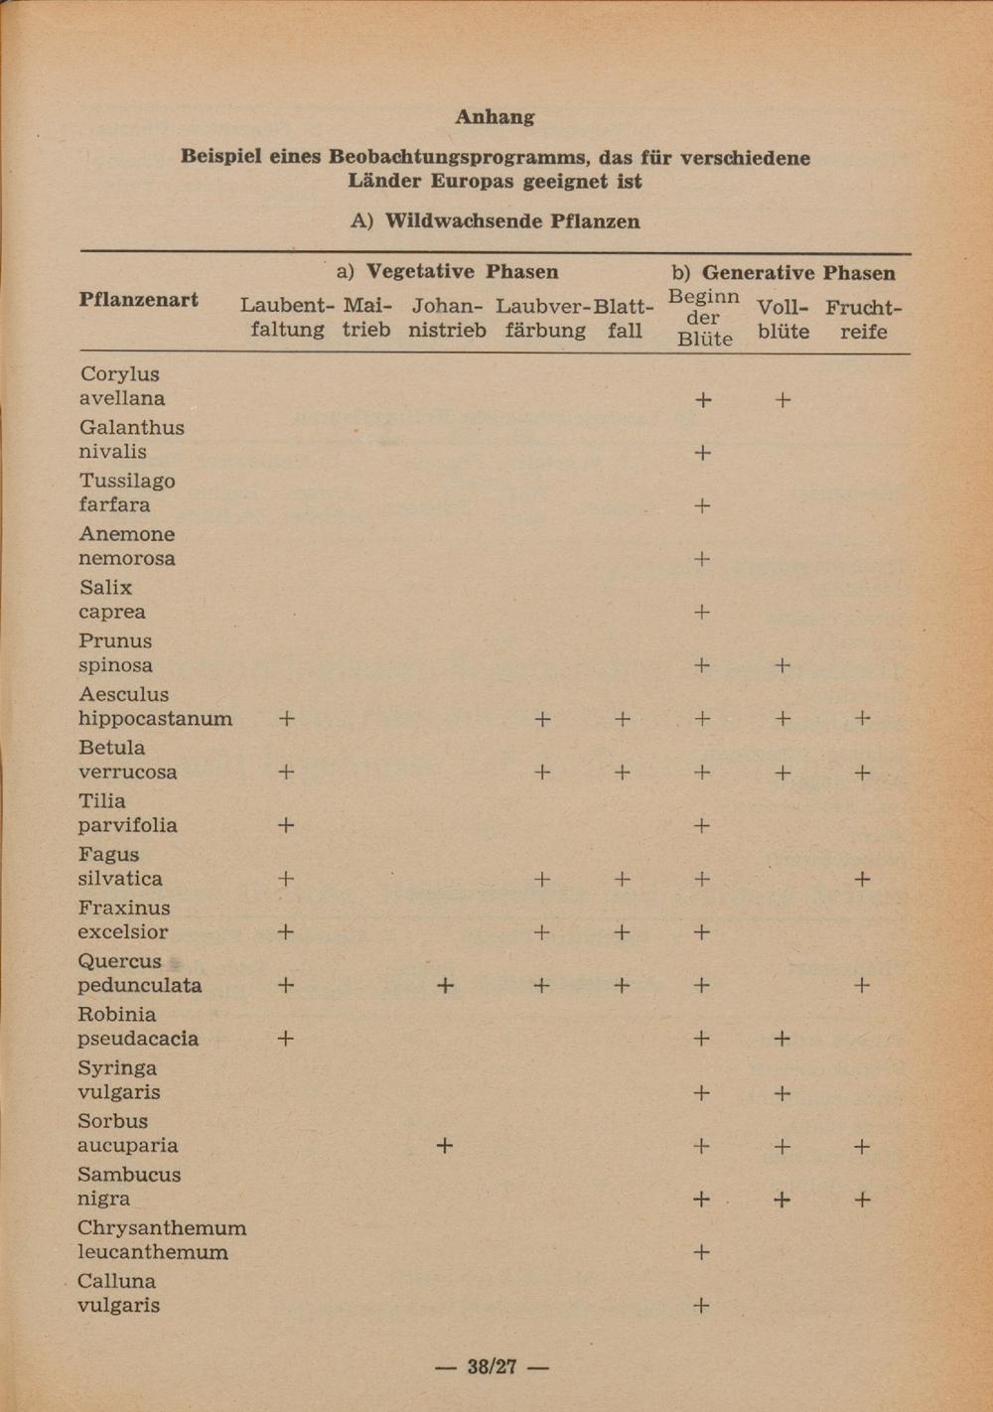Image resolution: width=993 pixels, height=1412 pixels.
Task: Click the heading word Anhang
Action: point(495,117)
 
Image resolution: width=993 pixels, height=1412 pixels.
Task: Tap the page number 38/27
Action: point(493,1367)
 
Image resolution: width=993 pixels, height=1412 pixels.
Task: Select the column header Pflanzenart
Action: point(138,300)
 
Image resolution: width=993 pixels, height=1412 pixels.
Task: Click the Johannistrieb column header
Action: point(447,318)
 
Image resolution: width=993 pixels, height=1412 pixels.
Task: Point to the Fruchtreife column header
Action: point(863,319)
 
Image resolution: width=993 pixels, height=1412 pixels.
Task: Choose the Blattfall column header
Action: point(624,318)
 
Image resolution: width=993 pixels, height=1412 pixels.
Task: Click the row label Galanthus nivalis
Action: point(131,439)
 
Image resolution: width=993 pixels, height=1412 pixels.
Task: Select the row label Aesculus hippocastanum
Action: point(155,706)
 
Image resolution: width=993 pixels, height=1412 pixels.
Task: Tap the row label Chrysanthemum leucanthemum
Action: point(162,1239)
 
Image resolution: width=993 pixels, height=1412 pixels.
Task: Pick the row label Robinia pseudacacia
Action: point(138,1026)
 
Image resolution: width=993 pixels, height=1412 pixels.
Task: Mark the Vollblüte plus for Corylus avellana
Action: point(782,400)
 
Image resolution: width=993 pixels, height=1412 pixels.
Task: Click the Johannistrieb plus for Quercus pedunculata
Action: point(445,985)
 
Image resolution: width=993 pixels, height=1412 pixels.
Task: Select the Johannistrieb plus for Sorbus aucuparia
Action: point(445,1146)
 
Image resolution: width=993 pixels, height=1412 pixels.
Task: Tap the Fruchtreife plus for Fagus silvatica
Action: point(862,879)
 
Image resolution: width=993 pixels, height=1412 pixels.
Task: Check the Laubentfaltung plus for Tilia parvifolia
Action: point(286,825)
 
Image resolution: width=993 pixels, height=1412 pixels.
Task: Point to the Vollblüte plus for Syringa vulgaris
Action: point(782,1093)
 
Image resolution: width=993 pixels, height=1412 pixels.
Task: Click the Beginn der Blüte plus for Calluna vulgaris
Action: point(701,1306)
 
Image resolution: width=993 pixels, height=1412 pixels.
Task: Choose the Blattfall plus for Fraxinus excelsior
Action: point(622,932)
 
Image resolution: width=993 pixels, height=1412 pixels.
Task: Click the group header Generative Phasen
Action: point(783,273)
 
